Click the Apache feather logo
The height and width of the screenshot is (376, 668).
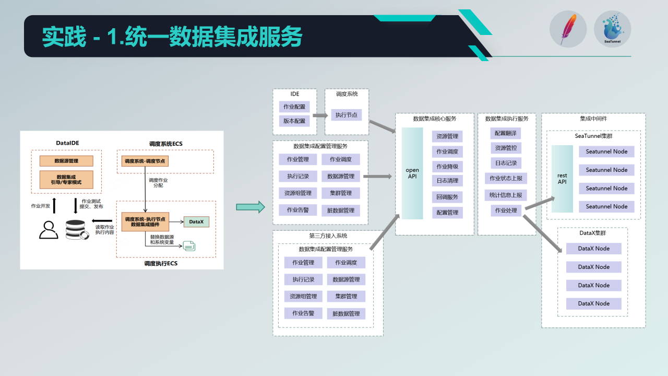pos(568,29)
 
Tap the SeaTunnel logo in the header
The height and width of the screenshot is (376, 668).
pos(612,29)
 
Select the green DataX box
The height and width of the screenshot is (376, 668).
pos(196,222)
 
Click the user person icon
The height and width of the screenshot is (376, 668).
pos(49,230)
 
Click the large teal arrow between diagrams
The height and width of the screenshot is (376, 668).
pos(250,207)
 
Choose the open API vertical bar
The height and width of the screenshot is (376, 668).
pos(412,173)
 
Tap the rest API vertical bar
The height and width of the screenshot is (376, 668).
pos(562,179)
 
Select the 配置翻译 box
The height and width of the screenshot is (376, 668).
pos(506,134)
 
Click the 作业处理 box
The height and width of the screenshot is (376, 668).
pos(506,210)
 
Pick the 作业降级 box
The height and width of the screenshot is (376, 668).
pos(447,167)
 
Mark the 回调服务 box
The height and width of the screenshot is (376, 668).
pos(447,197)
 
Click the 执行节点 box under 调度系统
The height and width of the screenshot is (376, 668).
pos(347,115)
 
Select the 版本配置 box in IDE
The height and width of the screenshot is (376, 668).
pos(294,121)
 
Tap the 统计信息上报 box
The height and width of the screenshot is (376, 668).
pos(506,195)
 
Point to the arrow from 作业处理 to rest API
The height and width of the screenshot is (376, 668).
pos(540,204)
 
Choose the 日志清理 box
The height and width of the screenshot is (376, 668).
pos(447,181)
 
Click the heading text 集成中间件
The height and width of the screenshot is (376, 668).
pos(593,119)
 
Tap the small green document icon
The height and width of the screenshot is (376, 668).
pos(189,245)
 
